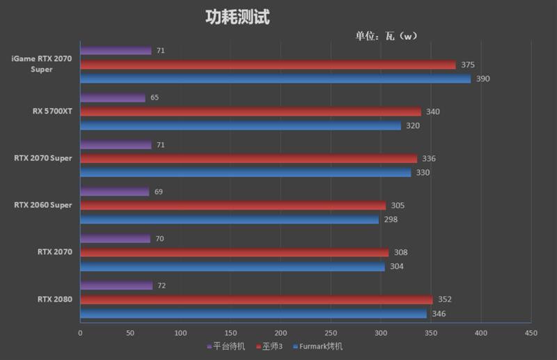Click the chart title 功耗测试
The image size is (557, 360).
(x=237, y=17)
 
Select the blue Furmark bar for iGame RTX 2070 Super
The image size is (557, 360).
(x=275, y=79)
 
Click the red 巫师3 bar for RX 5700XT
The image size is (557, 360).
(x=251, y=111)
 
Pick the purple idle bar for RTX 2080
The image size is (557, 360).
(x=116, y=285)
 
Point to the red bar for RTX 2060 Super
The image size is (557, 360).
(x=233, y=205)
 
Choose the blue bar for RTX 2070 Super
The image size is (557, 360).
(x=245, y=172)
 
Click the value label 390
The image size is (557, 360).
(x=483, y=79)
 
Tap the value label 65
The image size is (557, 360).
(x=155, y=97)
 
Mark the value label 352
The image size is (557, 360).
(x=444, y=299)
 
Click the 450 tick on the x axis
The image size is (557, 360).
(x=531, y=333)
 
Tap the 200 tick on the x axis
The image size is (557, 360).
(x=281, y=333)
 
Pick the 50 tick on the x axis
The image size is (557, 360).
(x=130, y=333)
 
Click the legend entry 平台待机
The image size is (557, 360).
(x=226, y=346)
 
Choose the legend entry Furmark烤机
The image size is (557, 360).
(x=318, y=346)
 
